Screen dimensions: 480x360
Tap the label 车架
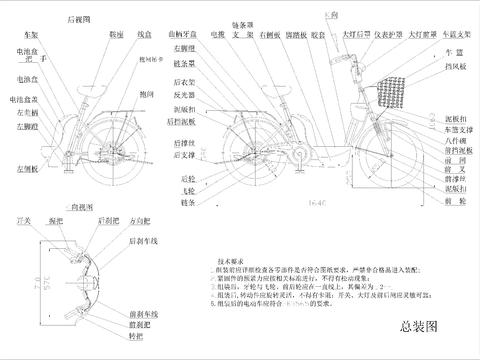click(x=29, y=33)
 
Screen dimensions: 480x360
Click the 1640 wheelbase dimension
click(x=319, y=202)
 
